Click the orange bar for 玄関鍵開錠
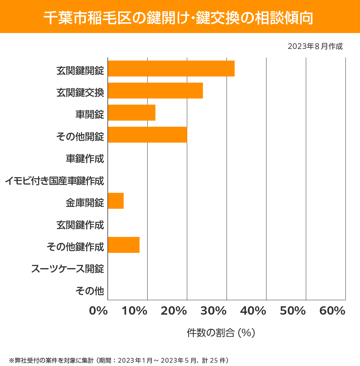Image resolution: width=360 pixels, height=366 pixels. pyautogui.click(x=171, y=68)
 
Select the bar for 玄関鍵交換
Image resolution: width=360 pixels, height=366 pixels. pyautogui.click(x=155, y=90)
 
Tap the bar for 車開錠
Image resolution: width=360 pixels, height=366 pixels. pyautogui.click(x=131, y=113)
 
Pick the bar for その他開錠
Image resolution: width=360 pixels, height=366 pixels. pyautogui.click(x=147, y=135)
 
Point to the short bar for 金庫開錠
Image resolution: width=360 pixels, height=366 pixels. pyautogui.click(x=115, y=201)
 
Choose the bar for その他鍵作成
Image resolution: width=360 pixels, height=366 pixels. pyautogui.click(x=124, y=245)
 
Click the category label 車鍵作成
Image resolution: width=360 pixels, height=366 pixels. pyautogui.click(x=85, y=159)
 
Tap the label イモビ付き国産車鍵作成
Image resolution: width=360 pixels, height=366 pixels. pyautogui.click(x=54, y=181)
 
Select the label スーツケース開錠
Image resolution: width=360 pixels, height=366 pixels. pyautogui.click(x=67, y=269)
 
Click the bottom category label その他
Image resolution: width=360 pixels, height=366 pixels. pyautogui.click(x=90, y=291)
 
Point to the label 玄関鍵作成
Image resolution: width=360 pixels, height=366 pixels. pyautogui.click(x=80, y=225)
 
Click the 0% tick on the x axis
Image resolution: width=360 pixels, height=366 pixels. pyautogui.click(x=98, y=311)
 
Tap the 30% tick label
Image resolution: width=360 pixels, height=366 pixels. pyautogui.click(x=213, y=311)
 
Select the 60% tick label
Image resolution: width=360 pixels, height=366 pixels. pyautogui.click(x=332, y=311)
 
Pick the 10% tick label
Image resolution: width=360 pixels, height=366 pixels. pyautogui.click(x=134, y=311)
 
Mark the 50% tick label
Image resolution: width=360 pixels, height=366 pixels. pyautogui.click(x=292, y=311)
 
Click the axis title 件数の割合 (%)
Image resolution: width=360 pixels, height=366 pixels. pyautogui.click(x=221, y=333)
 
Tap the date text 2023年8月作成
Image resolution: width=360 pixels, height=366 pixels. pyautogui.click(x=315, y=46)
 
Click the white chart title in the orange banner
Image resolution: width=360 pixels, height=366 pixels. pyautogui.click(x=178, y=18)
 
